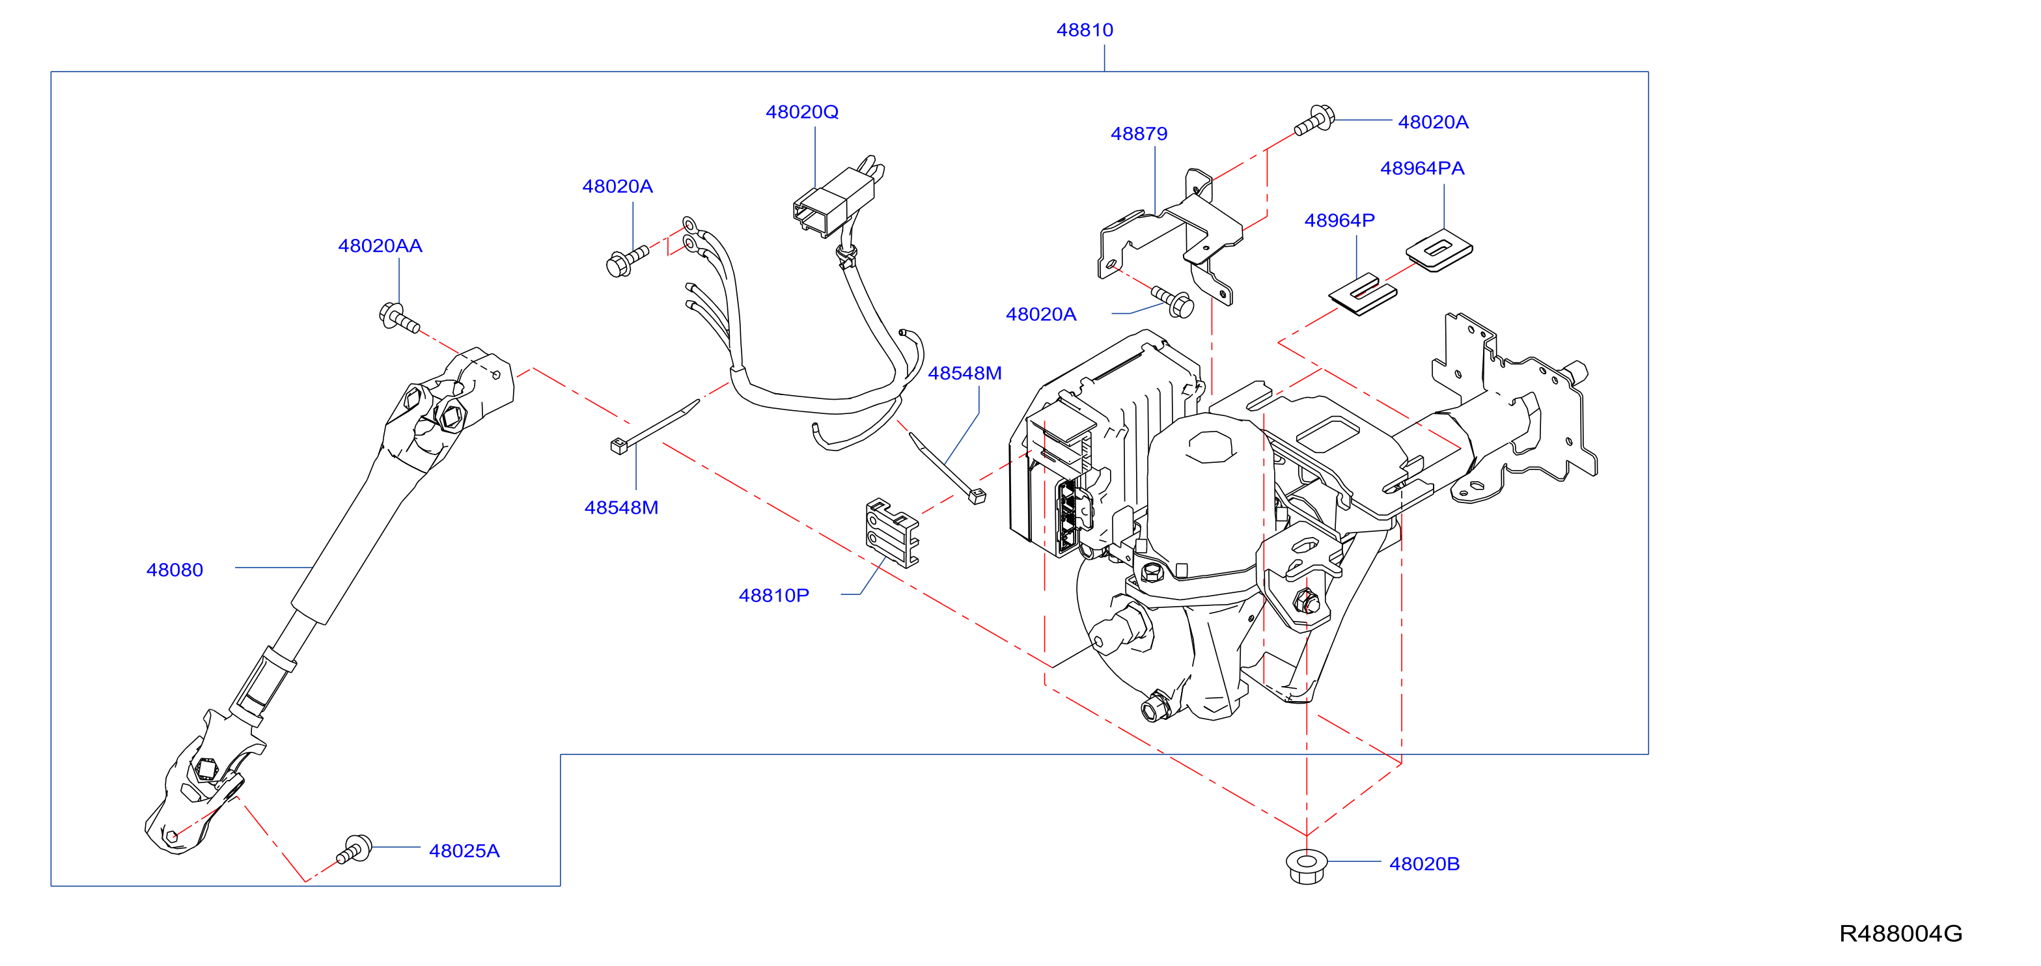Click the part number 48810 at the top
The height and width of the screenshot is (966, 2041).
1085,30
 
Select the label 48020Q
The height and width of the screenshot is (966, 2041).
802,112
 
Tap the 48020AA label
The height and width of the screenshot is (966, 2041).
380,245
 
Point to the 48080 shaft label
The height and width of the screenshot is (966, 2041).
175,570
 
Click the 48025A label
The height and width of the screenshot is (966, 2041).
464,850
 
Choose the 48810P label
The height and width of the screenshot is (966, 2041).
774,595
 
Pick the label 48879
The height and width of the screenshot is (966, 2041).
1139,134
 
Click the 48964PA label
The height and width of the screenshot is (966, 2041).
1423,168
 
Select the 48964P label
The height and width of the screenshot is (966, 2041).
1340,220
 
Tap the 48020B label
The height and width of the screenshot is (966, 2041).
1424,864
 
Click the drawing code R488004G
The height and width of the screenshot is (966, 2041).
1901,933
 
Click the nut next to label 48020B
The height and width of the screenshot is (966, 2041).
1307,866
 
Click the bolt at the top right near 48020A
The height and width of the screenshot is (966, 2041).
1314,120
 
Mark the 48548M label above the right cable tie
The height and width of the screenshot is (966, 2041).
964,373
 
